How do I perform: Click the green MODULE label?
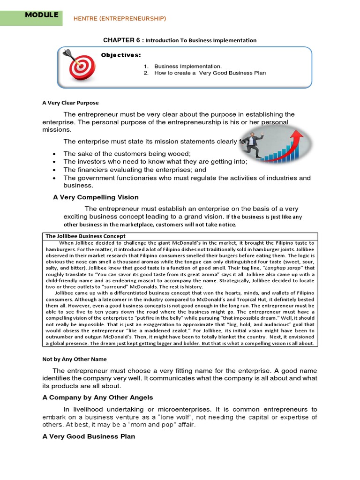[42, 15]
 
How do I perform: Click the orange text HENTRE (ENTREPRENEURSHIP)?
[120, 18]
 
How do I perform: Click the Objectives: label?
[121, 55]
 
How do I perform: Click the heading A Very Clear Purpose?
[70, 103]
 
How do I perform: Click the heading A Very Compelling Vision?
[96, 197]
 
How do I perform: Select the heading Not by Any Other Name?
[75, 359]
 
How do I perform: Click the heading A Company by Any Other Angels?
[97, 397]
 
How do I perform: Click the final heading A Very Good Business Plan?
[89, 436]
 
